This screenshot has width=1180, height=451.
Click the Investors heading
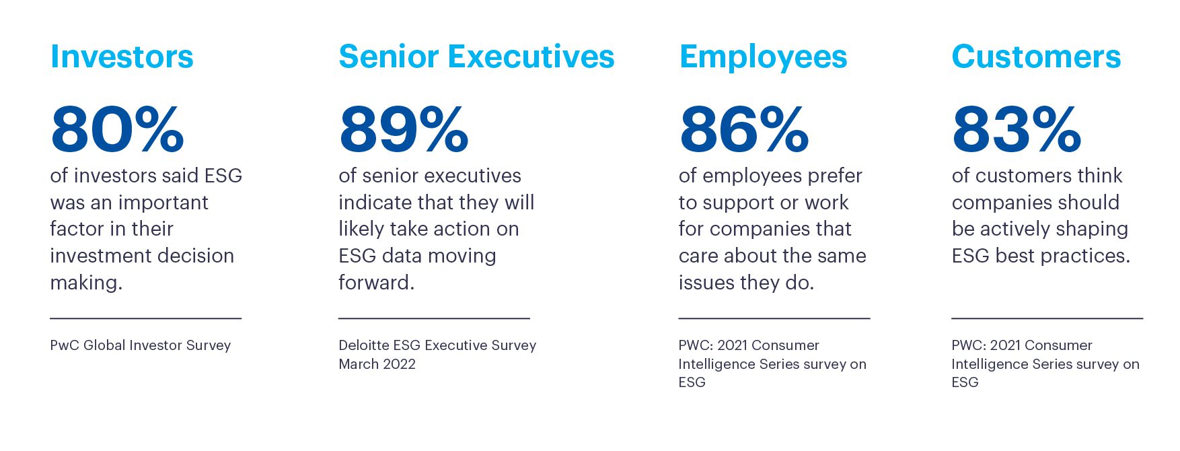pyautogui.click(x=122, y=57)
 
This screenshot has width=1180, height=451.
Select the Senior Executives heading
pyautogui.click(x=476, y=57)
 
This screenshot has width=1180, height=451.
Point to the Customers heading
pyautogui.click(x=1036, y=57)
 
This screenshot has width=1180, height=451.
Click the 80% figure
pyautogui.click(x=117, y=129)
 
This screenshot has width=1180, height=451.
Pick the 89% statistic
pyautogui.click(x=404, y=129)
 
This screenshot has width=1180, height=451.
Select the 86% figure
pyautogui.click(x=744, y=129)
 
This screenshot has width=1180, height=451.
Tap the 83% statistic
pyautogui.click(x=1017, y=129)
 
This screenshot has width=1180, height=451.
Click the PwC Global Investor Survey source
pyautogui.click(x=140, y=345)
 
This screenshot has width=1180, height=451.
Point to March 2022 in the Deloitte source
pyautogui.click(x=377, y=364)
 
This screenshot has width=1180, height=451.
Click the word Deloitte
pyautogui.click(x=363, y=345)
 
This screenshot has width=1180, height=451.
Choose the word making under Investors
pyautogui.click(x=85, y=283)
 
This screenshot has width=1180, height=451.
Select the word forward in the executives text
pyautogui.click(x=375, y=282)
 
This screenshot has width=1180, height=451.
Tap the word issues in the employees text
pyautogui.click(x=706, y=282)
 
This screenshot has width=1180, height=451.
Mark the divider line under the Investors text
pyautogui.click(x=145, y=318)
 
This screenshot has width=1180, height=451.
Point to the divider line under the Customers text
pyautogui.click(x=1047, y=318)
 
